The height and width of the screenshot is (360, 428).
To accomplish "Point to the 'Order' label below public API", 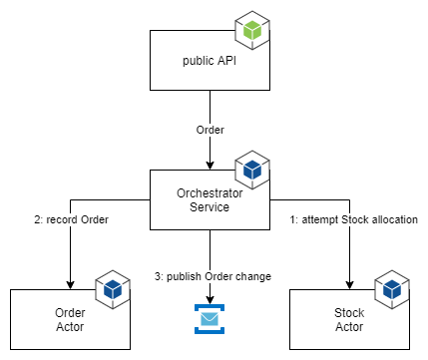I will [x=210, y=130].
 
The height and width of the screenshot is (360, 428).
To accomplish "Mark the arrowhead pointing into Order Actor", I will [x=70, y=283].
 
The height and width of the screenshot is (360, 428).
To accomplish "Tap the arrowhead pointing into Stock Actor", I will [x=349, y=283].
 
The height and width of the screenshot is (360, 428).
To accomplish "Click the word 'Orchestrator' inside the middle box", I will [x=210, y=192].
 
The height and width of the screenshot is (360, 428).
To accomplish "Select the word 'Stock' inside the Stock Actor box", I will [x=349, y=312].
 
